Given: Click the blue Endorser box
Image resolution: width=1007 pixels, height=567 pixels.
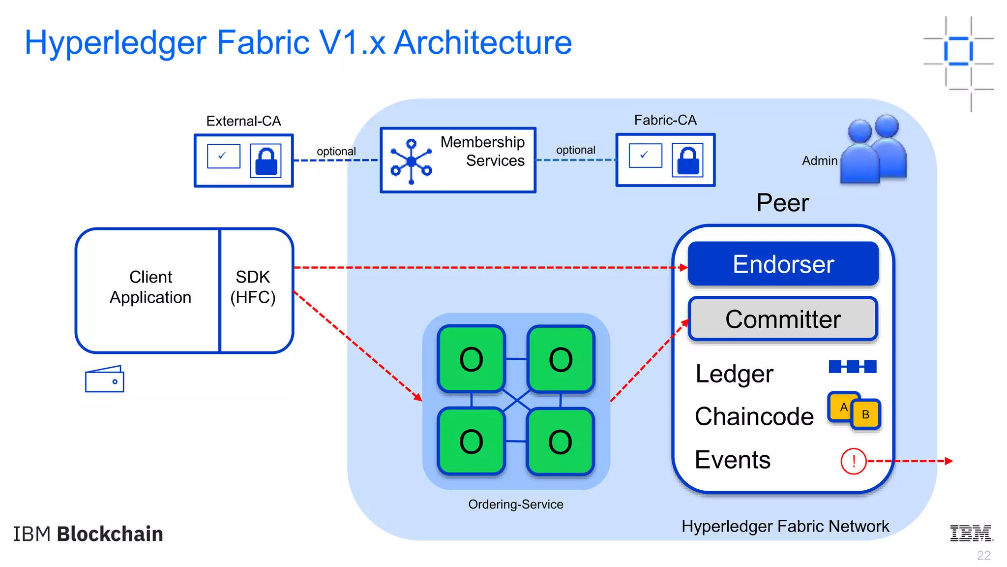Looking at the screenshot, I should [x=783, y=264].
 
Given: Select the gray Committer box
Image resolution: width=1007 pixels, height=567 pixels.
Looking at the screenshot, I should [x=783, y=319].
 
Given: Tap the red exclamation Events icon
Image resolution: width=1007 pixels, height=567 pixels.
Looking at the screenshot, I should [x=853, y=461].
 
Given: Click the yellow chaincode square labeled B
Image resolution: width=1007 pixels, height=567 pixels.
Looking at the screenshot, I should [x=866, y=414].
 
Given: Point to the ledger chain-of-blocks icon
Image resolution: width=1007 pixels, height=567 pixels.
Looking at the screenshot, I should [x=852, y=367].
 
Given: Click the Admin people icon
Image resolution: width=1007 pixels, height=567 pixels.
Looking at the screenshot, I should [x=874, y=150].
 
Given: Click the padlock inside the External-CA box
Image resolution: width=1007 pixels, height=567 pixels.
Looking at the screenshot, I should [x=266, y=160].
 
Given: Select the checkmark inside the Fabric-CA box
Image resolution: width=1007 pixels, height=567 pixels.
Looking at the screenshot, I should [x=645, y=155].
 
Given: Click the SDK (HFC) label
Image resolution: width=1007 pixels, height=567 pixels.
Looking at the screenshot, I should [x=253, y=287].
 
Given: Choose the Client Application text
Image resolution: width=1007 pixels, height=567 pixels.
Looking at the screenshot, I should [x=150, y=287].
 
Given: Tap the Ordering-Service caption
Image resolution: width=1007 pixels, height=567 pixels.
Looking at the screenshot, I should [x=515, y=504].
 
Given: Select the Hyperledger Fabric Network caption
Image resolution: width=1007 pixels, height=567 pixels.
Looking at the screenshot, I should [x=785, y=526].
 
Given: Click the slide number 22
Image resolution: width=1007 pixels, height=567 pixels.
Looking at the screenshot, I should [x=983, y=555].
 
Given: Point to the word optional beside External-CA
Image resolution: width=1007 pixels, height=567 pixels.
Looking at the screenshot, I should [x=336, y=151].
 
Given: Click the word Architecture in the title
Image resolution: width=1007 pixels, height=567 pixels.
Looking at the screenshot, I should [x=483, y=42].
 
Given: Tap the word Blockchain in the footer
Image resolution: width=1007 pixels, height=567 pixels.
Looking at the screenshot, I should [x=110, y=534].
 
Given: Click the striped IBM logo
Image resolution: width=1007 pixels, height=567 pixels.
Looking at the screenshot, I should [x=971, y=533].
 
